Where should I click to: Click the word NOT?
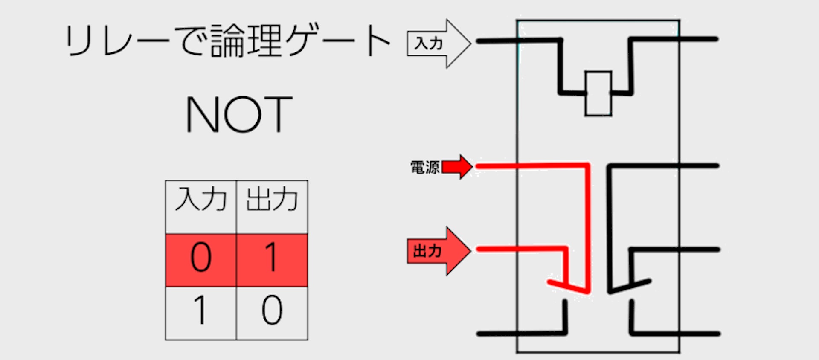(x=239, y=114)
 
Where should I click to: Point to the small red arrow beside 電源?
(x=457, y=167)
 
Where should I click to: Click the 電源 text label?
(x=424, y=168)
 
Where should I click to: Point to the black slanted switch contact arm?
(x=629, y=286)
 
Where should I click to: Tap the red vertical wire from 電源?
(x=588, y=226)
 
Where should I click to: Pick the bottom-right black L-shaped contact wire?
(x=674, y=333)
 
